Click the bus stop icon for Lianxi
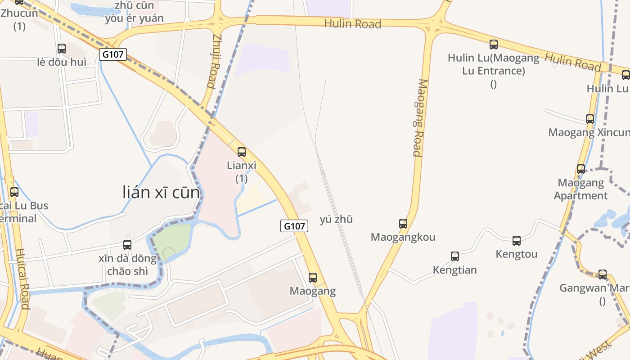(242, 152)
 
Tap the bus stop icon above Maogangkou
(403, 223)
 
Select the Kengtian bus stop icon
(455, 256)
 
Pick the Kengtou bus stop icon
(517, 241)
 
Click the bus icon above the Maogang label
(313, 278)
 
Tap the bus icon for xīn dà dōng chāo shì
(127, 245)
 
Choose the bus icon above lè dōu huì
(62, 49)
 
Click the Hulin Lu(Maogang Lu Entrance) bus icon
(494, 45)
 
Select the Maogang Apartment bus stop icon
(581, 169)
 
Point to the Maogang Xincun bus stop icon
(590, 119)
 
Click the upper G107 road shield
(113, 54)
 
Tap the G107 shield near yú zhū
(295, 226)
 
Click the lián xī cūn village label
(161, 193)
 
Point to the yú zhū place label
(336, 219)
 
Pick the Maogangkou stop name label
(403, 237)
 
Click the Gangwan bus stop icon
(603, 274)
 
